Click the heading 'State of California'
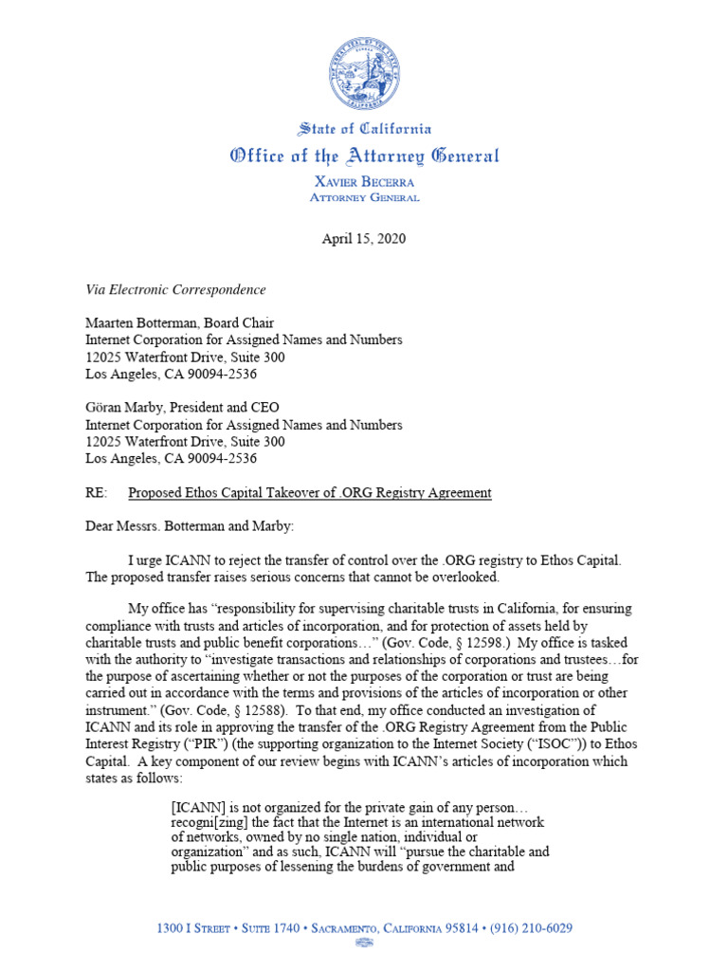364,129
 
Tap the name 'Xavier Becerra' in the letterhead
364,180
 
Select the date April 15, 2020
364,239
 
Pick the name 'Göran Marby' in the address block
122,409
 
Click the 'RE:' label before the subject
96,492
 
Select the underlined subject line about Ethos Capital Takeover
310,492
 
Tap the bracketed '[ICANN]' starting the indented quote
196,806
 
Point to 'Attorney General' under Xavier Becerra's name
364,197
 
